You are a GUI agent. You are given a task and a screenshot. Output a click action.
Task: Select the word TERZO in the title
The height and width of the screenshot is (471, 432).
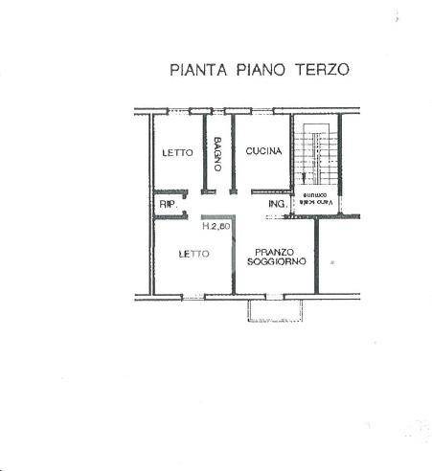tap(322, 69)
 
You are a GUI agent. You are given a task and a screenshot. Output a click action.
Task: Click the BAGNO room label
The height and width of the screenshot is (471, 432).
tap(218, 154)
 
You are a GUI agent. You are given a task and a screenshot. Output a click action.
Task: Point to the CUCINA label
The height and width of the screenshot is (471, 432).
tap(261, 152)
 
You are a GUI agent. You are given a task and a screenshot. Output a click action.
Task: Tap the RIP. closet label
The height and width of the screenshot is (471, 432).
tap(168, 205)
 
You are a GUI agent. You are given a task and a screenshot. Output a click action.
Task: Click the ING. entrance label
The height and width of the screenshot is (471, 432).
tap(278, 205)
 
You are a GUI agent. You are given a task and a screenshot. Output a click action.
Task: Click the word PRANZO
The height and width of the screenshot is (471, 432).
tap(275, 251)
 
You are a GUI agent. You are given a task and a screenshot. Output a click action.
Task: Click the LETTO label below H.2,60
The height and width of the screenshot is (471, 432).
tap(194, 255)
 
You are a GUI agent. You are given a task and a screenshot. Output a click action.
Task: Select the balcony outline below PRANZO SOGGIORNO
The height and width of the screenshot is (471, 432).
tap(276, 309)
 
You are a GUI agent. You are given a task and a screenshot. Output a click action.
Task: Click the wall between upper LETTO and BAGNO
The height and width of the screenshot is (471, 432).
tap(204, 158)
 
